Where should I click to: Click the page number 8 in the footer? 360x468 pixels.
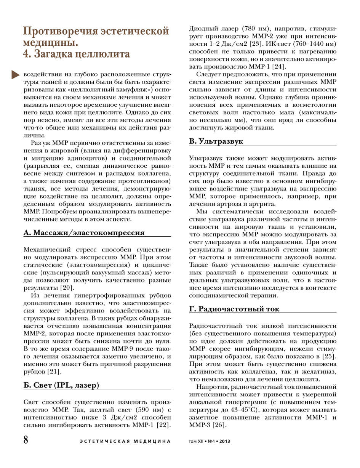(x=26, y=440)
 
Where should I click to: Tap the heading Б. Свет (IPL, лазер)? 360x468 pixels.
(x=61, y=385)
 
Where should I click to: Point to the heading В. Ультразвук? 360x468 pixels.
(x=216, y=141)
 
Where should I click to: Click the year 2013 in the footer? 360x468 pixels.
(x=224, y=442)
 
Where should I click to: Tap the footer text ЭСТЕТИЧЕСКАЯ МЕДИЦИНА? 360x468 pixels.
(x=125, y=442)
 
